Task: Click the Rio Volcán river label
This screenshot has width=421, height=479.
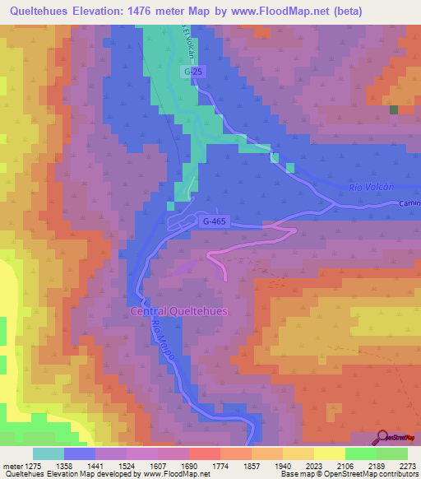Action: point(368,188)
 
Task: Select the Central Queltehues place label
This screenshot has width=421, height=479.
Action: point(178,311)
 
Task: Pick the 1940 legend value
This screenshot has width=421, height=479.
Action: point(283,465)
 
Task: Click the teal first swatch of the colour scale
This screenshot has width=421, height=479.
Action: point(49,453)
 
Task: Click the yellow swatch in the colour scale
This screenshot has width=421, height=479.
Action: point(329,453)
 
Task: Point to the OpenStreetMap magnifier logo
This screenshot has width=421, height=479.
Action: point(384,439)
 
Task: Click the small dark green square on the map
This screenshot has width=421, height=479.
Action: point(394,109)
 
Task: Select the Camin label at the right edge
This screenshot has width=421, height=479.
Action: point(409,203)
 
